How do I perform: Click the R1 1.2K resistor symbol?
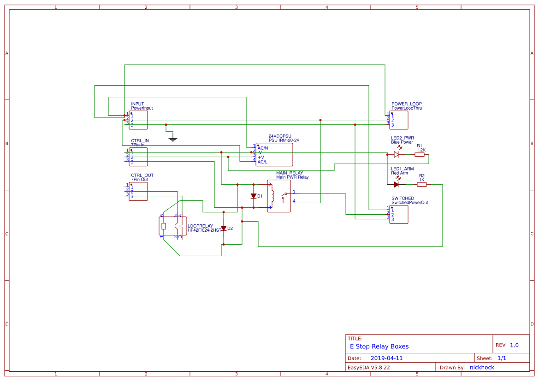pyautogui.click(x=420, y=155)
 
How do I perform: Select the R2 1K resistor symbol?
pyautogui.click(x=421, y=185)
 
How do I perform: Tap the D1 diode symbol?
pyautogui.click(x=253, y=196)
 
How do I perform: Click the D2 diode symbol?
pyautogui.click(x=224, y=228)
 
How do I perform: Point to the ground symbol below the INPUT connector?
pyautogui.click(x=173, y=138)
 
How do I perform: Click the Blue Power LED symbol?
pyautogui.click(x=397, y=155)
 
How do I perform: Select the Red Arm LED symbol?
pyautogui.click(x=397, y=185)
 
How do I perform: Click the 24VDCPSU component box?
pyautogui.click(x=274, y=154)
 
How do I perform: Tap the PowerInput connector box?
pyautogui.click(x=138, y=120)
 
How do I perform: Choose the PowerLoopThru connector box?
pyautogui.click(x=399, y=120)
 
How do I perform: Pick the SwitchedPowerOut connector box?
pyautogui.click(x=399, y=214)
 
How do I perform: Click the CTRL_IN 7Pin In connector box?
pyautogui.click(x=138, y=157)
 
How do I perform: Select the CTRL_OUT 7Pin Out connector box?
pyautogui.click(x=138, y=191)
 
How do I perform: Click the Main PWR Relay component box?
pyautogui.click(x=279, y=196)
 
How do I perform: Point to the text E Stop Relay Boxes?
pyautogui.click(x=379, y=346)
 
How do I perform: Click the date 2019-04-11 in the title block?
pyautogui.click(x=386, y=358)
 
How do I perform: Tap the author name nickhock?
pyautogui.click(x=482, y=367)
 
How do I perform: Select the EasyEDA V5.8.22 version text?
pyautogui.click(x=368, y=367)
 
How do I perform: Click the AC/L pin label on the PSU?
pyautogui.click(x=262, y=162)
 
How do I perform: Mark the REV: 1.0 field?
pyautogui.click(x=507, y=345)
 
